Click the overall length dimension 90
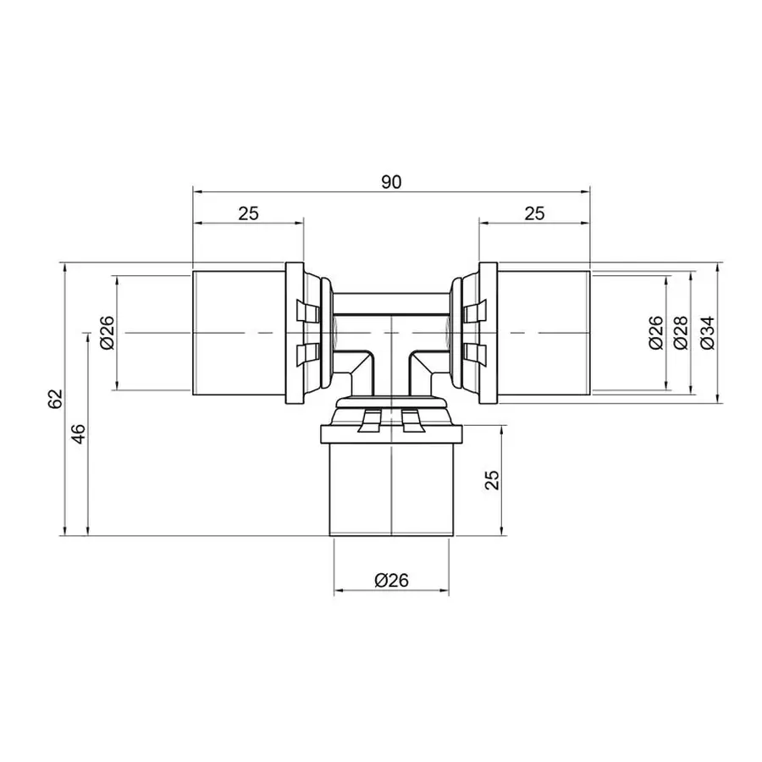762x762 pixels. point(390,181)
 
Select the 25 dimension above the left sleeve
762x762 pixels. point(247,213)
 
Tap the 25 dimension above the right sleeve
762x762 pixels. point(534,213)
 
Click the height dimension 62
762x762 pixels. point(55,399)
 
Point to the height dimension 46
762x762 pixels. point(78,434)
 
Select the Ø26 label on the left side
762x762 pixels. point(107,333)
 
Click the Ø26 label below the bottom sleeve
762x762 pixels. point(391,580)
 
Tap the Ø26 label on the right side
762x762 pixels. point(654,333)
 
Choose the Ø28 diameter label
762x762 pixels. point(678,333)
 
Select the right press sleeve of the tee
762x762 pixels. point(543,333)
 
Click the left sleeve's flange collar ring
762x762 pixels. point(294,333)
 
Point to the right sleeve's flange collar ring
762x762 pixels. point(488,333)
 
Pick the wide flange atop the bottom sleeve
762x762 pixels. point(390,435)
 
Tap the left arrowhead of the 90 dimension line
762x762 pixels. point(197,191)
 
